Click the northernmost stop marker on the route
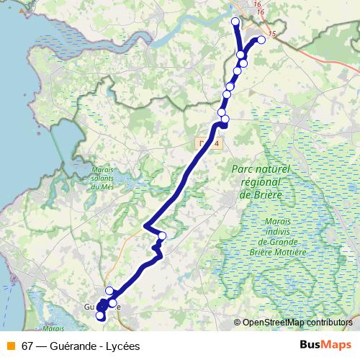pyautogui.click(x=235, y=22)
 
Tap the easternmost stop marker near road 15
pyautogui.click(x=261, y=40)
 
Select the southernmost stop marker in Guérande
pyautogui.click(x=100, y=315)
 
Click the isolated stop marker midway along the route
pyautogui.click(x=162, y=236)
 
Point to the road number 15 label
pyautogui.click(x=271, y=34)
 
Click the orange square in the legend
pyautogui.click(x=11, y=346)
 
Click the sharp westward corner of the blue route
pyautogui.click(x=146, y=227)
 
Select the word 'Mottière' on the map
pyautogui.click(x=288, y=252)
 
